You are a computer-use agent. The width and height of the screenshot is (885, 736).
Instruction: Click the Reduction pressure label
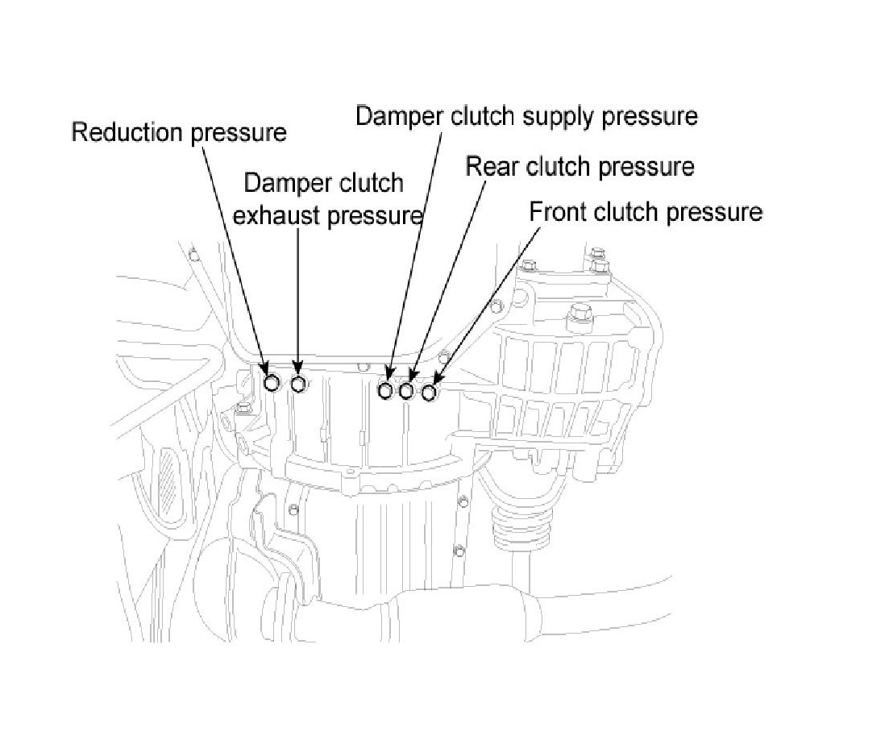coord(178,132)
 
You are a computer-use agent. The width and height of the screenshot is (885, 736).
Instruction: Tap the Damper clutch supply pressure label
coord(526,116)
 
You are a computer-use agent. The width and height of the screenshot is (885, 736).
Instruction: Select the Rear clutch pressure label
coord(580,167)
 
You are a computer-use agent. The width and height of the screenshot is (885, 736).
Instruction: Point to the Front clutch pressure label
coord(646,212)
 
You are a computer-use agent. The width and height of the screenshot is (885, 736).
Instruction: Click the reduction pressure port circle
coord(272,382)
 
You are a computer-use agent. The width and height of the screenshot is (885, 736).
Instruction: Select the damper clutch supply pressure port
coord(386,391)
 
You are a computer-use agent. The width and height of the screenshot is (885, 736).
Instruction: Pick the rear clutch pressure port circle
coord(407,391)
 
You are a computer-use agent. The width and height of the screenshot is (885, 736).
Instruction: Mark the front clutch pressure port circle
coord(429,393)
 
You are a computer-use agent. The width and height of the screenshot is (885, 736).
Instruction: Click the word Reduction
coord(129,132)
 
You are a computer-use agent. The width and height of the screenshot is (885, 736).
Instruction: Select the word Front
coord(558,212)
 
